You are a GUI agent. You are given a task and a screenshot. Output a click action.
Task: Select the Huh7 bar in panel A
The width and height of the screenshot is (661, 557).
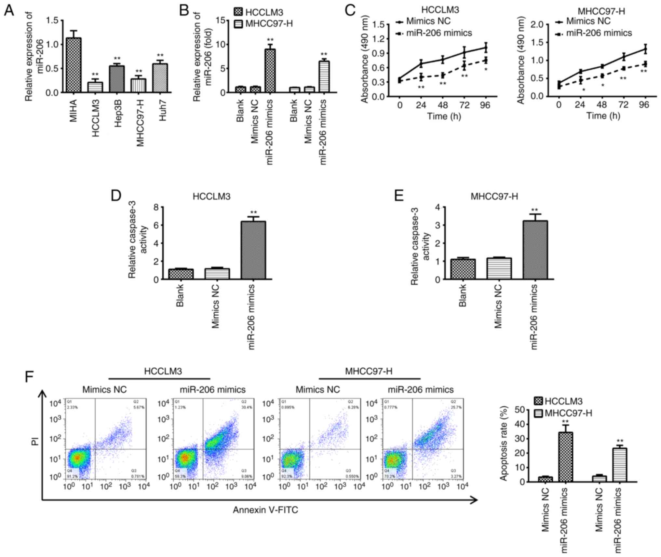tap(162, 78)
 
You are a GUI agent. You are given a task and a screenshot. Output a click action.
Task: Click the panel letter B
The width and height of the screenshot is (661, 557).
tap(184, 10)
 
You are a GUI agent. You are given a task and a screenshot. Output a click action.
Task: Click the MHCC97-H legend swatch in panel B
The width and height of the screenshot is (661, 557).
tap(238, 24)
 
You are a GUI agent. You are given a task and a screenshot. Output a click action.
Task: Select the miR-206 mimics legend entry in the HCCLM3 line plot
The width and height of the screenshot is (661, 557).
tap(439, 33)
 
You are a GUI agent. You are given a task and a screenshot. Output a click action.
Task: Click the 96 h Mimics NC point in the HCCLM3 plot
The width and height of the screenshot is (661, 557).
tap(485, 48)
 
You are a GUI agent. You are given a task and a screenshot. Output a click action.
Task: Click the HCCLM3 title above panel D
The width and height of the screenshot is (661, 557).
tap(211, 197)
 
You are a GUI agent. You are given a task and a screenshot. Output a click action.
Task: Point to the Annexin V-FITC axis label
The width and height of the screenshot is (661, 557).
tap(265, 510)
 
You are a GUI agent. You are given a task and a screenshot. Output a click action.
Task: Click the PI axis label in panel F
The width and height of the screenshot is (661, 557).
tap(35, 441)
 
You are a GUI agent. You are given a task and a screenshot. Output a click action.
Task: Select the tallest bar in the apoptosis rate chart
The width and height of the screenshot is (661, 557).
tap(565, 457)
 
